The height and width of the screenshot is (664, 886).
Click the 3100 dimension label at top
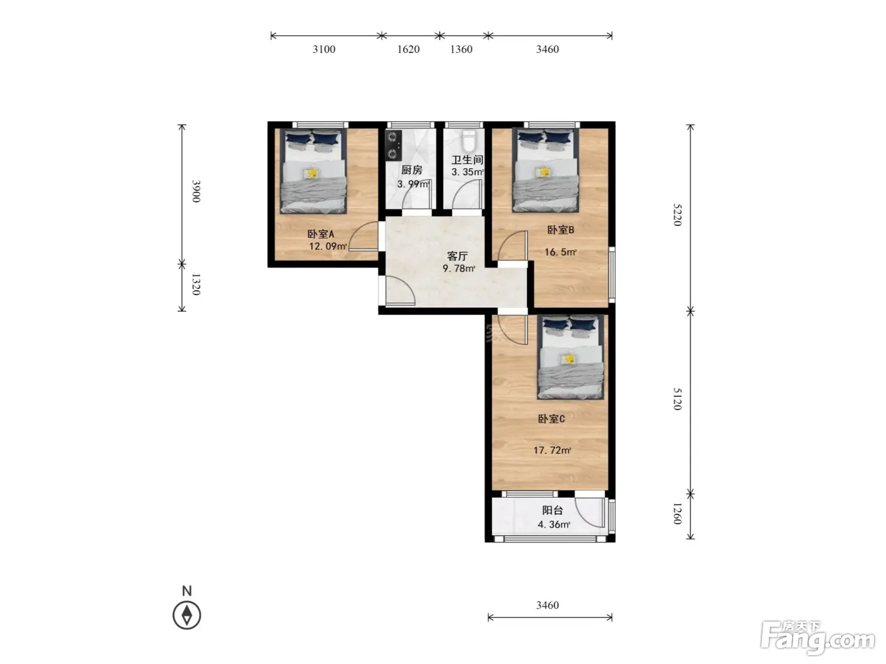pyautogui.click(x=324, y=49)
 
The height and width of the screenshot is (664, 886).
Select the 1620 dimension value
pyautogui.click(x=408, y=49)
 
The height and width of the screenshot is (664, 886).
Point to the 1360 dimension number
pyautogui.click(x=461, y=49)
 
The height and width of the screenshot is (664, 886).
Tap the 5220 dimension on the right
pyautogui.click(x=677, y=215)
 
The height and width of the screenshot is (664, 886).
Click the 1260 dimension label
pyautogui.click(x=677, y=513)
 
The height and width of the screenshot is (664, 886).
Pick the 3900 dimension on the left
pyautogui.click(x=196, y=191)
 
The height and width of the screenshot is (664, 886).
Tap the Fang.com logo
pyautogui.click(x=818, y=638)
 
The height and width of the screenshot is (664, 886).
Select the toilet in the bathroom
pyautogui.click(x=468, y=140)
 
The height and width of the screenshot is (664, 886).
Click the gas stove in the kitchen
pyautogui.click(x=393, y=145)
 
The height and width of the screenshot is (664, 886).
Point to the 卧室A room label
pyautogui.click(x=321, y=234)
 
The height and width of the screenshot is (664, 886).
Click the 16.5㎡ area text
pyautogui.click(x=560, y=252)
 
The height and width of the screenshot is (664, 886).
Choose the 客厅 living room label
pyautogui.click(x=458, y=256)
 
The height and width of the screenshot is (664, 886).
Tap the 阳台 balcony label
pyautogui.click(x=552, y=510)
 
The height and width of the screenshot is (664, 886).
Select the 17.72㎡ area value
pyautogui.click(x=552, y=450)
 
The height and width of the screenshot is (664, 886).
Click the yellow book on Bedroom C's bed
pyautogui.click(x=569, y=359)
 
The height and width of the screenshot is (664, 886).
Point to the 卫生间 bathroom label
pyautogui.click(x=468, y=160)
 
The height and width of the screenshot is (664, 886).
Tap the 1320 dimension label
pyautogui.click(x=196, y=284)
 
